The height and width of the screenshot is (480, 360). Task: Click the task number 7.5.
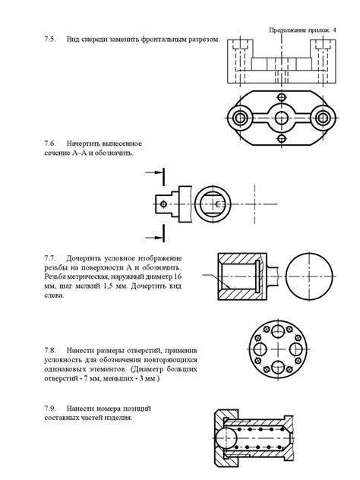pos(48,39)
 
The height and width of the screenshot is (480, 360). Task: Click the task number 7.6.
pos(48,143)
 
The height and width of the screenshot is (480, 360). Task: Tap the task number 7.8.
pos(48,351)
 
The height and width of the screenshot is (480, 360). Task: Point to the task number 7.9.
pos(48,408)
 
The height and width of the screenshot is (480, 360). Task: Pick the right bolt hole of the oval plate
pos(323,118)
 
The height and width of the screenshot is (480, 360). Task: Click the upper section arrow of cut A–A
pos(154,173)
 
